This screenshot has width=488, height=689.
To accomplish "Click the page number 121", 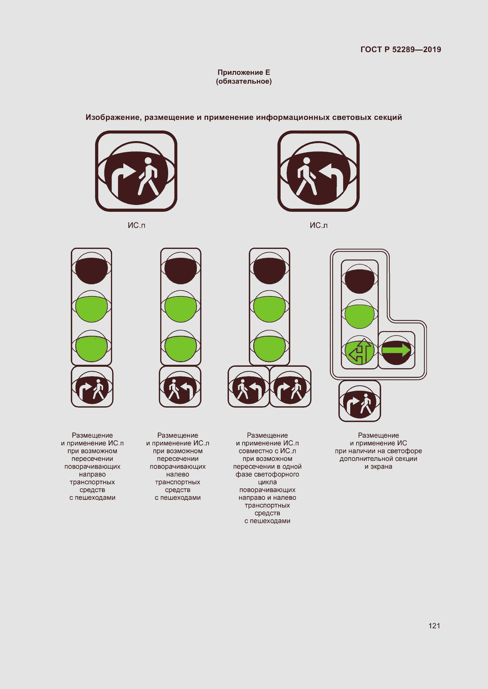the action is (434, 626).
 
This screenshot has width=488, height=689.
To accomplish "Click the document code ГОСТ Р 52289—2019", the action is (401, 49).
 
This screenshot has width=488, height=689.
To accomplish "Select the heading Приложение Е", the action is (244, 72).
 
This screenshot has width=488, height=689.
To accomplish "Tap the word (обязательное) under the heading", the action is (244, 81).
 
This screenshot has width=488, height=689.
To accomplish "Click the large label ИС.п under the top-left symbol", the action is (136, 225).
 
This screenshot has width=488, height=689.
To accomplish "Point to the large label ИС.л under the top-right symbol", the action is (319, 225).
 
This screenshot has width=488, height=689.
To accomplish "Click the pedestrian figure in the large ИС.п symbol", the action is (148, 176).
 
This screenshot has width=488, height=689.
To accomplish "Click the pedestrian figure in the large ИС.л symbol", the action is (307, 176).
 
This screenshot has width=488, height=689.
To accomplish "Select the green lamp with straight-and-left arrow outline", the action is (359, 352).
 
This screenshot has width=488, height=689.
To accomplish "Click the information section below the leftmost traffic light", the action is (92, 386).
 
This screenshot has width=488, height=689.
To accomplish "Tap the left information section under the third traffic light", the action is (248, 386).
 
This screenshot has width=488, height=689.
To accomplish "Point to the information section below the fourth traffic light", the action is (360, 401).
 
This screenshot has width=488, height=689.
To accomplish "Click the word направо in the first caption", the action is (92, 475).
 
